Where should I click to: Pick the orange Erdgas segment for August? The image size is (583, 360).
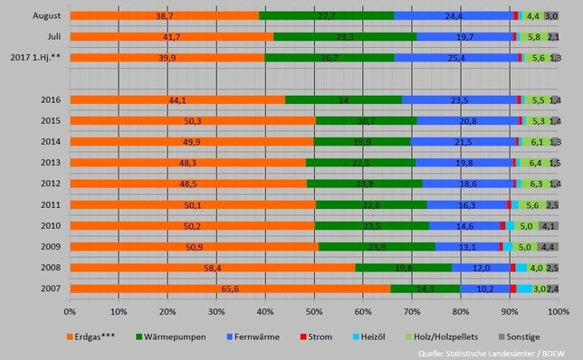tap(164, 16)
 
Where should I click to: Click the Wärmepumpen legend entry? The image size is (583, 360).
tap(171, 336)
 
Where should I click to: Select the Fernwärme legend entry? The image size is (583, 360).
tap(250, 336)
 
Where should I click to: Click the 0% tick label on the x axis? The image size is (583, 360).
tap(71, 310)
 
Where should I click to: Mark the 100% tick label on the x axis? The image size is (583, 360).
tap(558, 310)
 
